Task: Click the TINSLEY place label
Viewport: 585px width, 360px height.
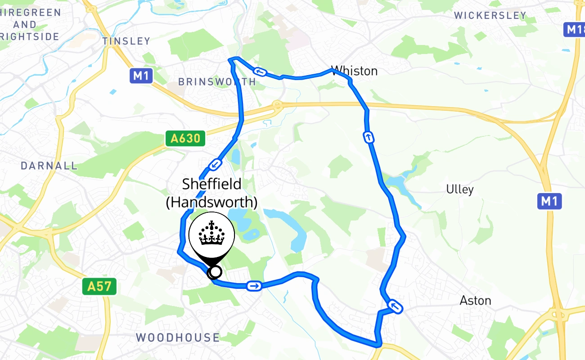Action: click(126, 41)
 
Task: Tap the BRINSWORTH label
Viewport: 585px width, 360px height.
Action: click(217, 81)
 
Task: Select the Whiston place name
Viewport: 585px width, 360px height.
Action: click(354, 71)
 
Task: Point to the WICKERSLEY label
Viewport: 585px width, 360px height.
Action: click(490, 15)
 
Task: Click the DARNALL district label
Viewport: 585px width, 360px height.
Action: click(49, 166)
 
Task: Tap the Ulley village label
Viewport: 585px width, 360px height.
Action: click(460, 189)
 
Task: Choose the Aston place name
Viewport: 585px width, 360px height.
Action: click(475, 300)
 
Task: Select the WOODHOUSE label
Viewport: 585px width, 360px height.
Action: click(178, 337)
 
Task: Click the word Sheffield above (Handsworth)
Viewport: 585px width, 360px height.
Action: click(211, 184)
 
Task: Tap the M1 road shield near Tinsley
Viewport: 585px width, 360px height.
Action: click(141, 76)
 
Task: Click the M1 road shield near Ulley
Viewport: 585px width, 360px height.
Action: click(549, 201)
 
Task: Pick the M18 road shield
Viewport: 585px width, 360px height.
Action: click(574, 30)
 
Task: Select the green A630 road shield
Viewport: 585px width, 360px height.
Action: click(185, 138)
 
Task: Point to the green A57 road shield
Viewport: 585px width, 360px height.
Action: click(99, 286)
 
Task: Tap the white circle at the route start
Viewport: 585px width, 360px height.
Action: click(216, 272)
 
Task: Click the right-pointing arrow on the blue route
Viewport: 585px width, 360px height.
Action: click(254, 286)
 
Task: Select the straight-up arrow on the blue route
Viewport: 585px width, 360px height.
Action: click(369, 137)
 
